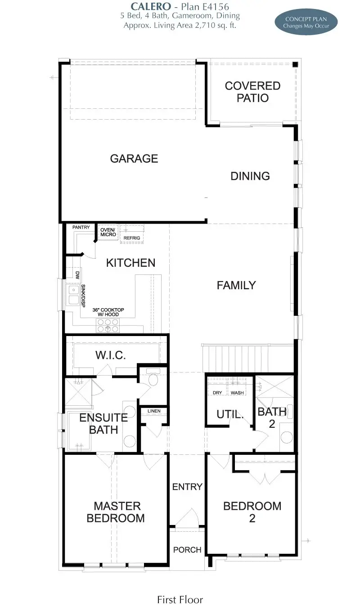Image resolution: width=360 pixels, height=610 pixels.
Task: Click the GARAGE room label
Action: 134,158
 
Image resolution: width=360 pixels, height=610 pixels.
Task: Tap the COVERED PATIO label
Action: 253,92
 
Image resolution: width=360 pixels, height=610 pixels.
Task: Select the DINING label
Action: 250,176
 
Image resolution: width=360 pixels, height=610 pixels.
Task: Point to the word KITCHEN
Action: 130,263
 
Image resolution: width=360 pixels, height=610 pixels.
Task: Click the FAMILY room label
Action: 236,285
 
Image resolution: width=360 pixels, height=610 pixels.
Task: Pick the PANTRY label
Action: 81,227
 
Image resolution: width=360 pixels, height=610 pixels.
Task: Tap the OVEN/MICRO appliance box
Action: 108,232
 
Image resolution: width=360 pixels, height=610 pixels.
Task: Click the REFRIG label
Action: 132,238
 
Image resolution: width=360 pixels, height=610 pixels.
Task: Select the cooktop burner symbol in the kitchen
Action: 108,325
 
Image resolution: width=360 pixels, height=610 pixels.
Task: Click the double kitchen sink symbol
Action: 73,295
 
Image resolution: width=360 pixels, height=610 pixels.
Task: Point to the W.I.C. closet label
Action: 111,355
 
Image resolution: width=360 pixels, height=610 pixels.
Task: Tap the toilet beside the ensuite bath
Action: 153,378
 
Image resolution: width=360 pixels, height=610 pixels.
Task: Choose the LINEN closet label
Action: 154,411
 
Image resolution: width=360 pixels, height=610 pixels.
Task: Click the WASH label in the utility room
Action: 237,393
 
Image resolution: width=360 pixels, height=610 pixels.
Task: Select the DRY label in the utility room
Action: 217,393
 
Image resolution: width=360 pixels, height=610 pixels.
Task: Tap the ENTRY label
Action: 187,487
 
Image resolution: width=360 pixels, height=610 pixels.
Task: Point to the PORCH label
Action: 187,550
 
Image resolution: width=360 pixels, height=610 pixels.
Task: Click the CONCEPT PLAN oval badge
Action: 306,22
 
